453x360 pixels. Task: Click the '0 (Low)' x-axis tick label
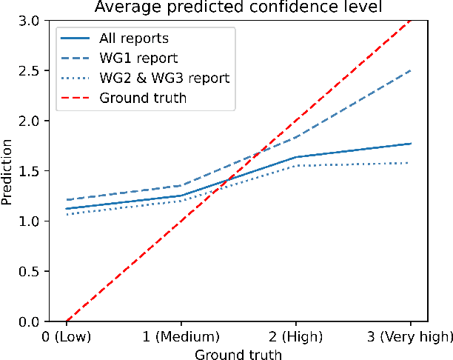67,338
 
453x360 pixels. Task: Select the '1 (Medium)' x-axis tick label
181,338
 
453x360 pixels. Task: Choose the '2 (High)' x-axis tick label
296,338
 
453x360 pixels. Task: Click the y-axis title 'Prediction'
10,171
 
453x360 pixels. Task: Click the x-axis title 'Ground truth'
238,354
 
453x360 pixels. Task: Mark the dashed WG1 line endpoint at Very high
411,71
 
